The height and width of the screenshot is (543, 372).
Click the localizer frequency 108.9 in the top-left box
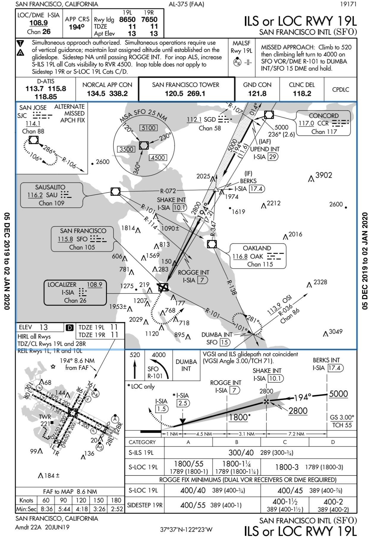pyautogui.click(x=39, y=23)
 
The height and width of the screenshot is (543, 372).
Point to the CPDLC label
pyautogui.click(x=341, y=89)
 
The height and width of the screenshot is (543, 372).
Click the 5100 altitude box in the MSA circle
pyautogui.click(x=149, y=128)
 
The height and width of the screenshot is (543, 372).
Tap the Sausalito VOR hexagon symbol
pyautogui.click(x=115, y=192)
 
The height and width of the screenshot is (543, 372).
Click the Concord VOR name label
pyautogui.click(x=324, y=116)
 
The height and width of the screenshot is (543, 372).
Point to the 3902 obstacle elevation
pyautogui.click(x=324, y=175)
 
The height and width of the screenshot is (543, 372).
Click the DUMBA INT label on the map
pyautogui.click(x=217, y=335)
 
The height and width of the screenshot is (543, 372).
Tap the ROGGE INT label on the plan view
pyautogui.click(x=193, y=272)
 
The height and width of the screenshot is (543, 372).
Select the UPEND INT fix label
pyautogui.click(x=265, y=149)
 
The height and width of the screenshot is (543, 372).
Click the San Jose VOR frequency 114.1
pyautogui.click(x=33, y=123)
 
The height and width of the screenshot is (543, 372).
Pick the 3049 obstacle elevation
pyautogui.click(x=335, y=332)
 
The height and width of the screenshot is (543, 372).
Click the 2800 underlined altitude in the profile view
pyautogui.click(x=298, y=411)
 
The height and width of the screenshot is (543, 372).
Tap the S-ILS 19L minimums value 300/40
pyautogui.click(x=241, y=453)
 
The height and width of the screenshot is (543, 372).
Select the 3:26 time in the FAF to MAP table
pyautogui.click(x=99, y=509)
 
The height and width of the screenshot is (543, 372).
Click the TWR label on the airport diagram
pyautogui.click(x=45, y=417)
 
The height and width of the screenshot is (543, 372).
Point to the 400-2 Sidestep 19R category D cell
pyautogui.click(x=333, y=502)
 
